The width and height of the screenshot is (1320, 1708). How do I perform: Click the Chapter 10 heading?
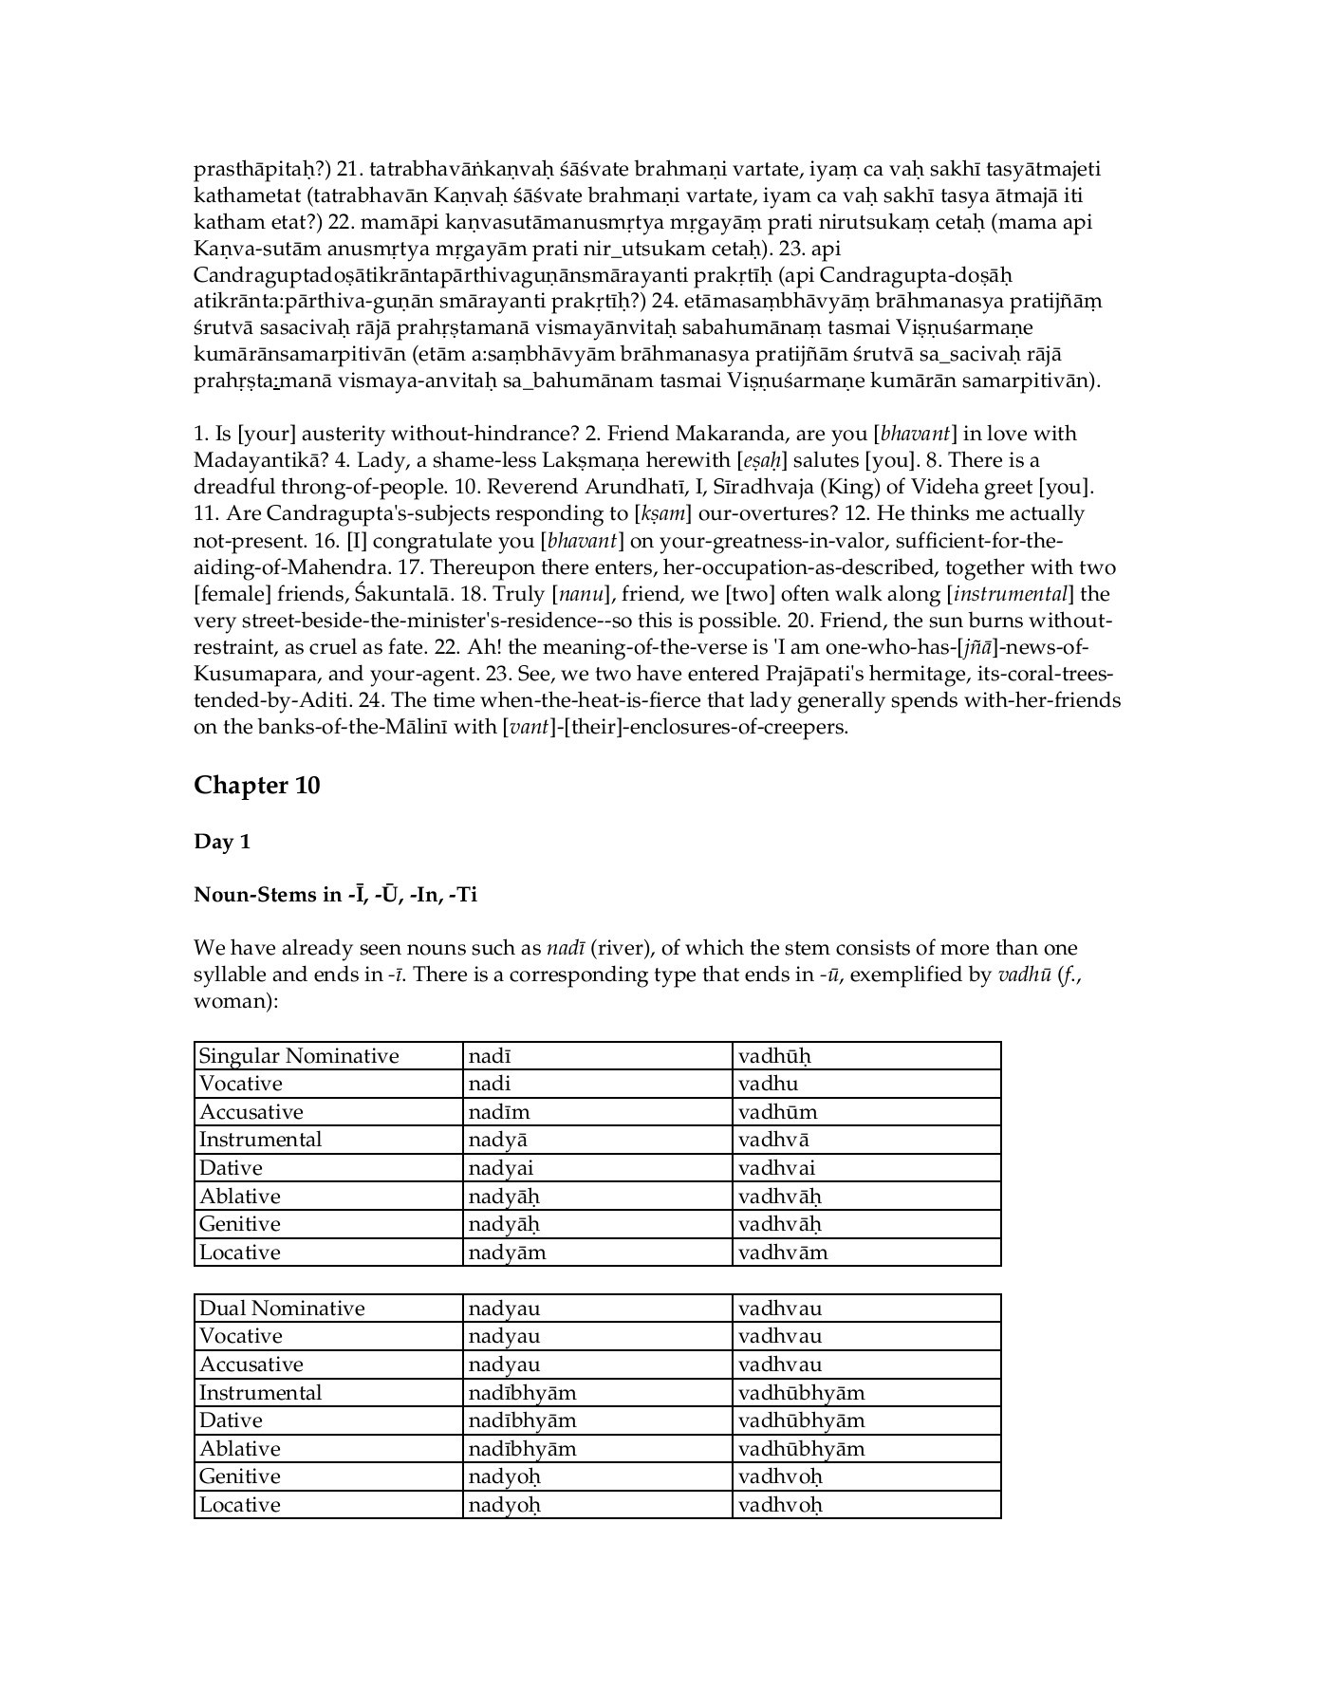point(256,786)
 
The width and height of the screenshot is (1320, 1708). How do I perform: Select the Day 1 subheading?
point(221,842)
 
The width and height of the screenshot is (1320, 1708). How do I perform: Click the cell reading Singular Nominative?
point(299,1056)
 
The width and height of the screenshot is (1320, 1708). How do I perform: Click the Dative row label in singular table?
point(231,1168)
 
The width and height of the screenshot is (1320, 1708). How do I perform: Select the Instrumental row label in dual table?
point(260,1393)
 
